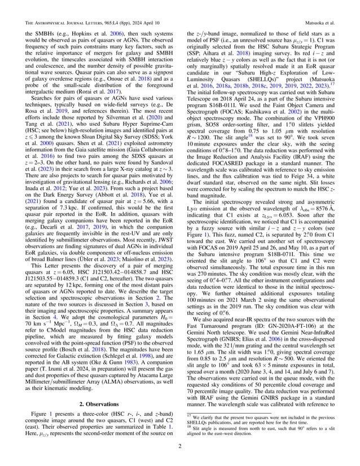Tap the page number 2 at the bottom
point(180,450)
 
